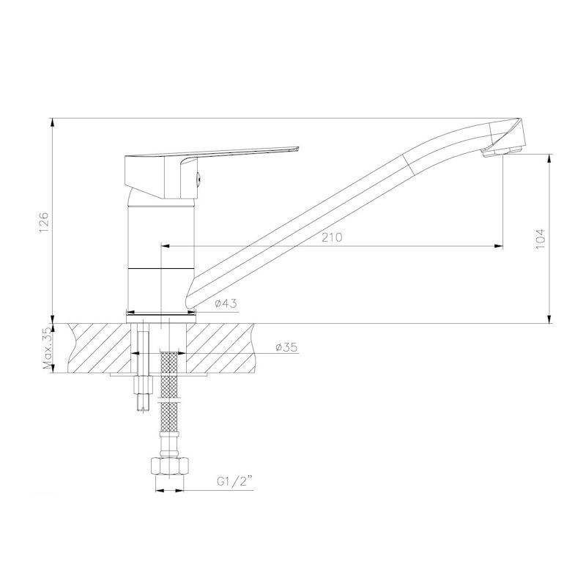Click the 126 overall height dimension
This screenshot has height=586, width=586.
(44, 222)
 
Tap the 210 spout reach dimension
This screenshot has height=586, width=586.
(332, 237)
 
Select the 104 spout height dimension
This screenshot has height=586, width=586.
(541, 240)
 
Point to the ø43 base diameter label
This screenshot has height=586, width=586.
(226, 303)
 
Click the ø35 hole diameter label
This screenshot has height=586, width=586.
(286, 347)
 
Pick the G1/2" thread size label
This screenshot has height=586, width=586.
(234, 481)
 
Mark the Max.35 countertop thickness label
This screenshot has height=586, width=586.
(47, 349)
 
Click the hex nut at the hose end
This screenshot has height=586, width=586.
(170, 466)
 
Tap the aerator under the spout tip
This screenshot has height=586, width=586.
(502, 152)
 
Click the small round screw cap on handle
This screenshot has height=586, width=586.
(199, 179)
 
